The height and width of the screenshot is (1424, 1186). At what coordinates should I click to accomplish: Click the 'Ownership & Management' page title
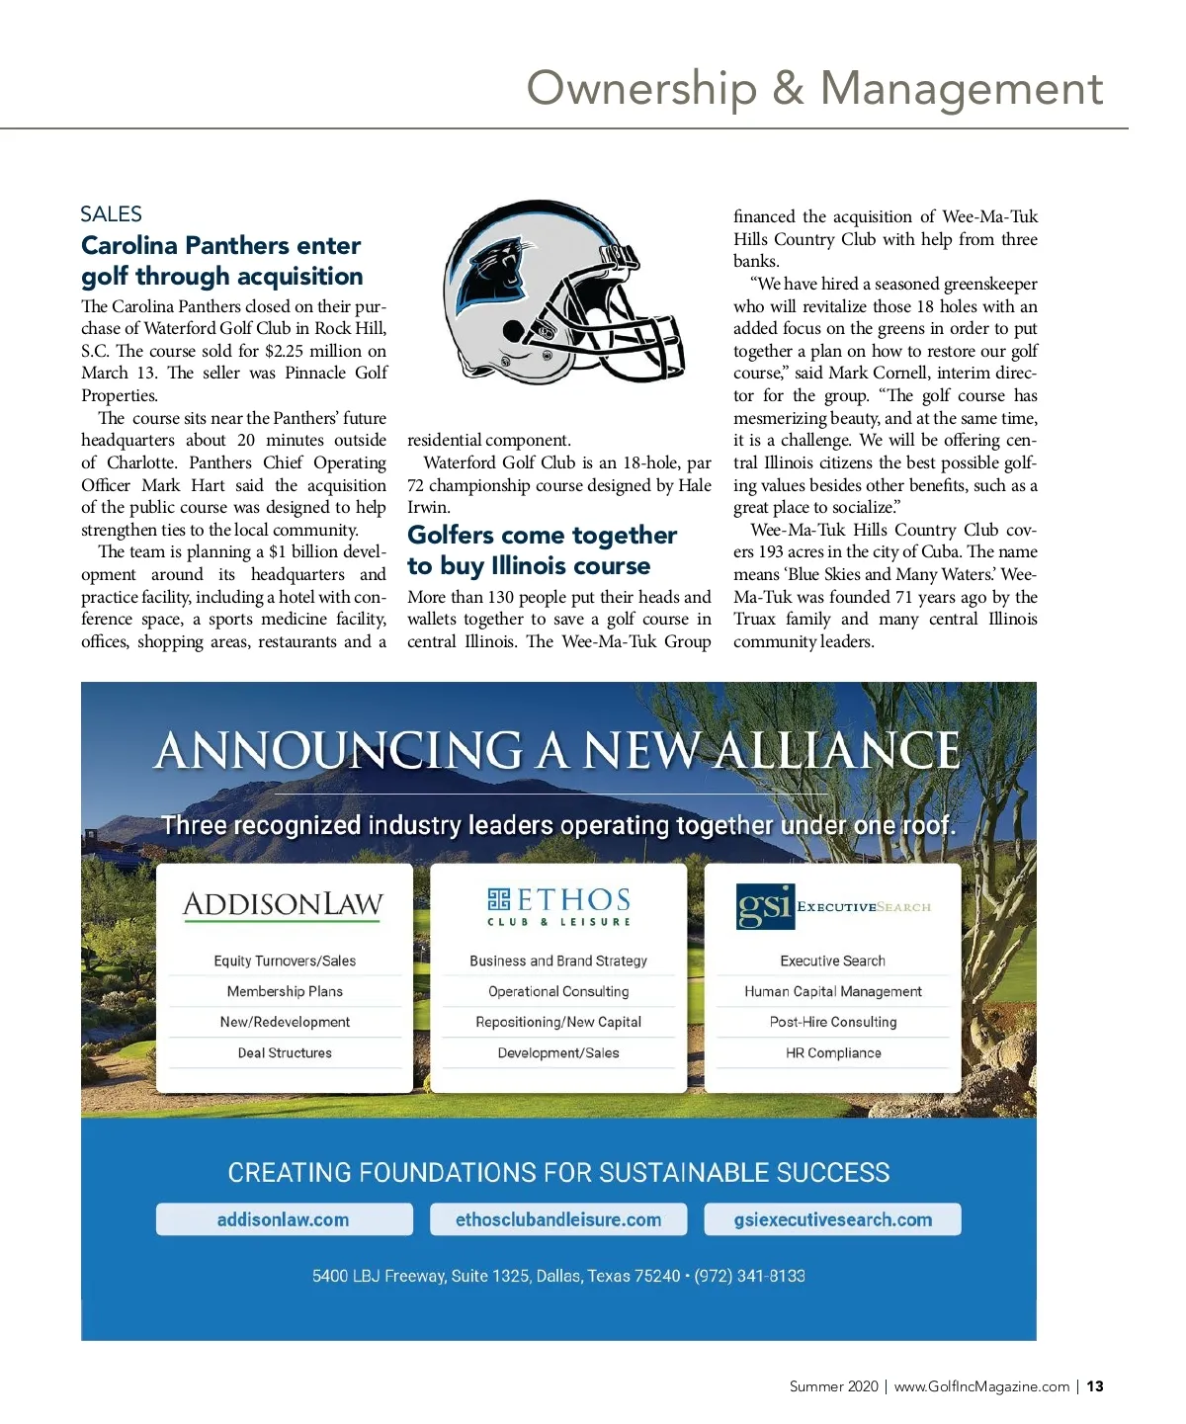(x=814, y=88)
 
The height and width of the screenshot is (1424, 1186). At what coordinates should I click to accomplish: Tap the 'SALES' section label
(x=111, y=213)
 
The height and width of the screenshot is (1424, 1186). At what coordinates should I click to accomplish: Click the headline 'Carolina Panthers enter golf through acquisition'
(x=221, y=261)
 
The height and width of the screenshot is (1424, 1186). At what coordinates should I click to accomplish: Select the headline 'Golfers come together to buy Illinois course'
(x=542, y=550)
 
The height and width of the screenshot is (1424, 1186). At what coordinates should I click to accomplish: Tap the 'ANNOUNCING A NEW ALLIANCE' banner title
(x=557, y=750)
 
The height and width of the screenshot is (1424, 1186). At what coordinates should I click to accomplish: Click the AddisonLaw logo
(x=284, y=904)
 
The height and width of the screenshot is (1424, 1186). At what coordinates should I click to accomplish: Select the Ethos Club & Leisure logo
(x=558, y=905)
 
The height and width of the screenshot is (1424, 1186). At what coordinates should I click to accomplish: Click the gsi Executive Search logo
(x=833, y=906)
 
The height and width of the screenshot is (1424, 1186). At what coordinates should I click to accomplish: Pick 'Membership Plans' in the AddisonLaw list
(x=285, y=991)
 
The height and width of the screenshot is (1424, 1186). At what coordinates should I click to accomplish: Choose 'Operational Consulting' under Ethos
(x=558, y=991)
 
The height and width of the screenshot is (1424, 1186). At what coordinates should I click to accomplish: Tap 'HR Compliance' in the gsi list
(x=833, y=1052)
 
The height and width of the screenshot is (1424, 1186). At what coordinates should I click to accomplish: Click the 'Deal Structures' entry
(x=285, y=1052)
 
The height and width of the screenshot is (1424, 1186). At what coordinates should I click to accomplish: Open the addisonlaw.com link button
(x=284, y=1219)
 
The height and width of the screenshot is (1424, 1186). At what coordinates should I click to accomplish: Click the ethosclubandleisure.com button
(x=558, y=1219)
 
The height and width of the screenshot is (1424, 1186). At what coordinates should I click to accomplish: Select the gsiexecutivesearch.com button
(x=832, y=1219)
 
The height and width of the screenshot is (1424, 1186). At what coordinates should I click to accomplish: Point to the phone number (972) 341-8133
(x=749, y=1276)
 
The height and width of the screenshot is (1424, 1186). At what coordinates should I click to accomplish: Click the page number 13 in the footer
(x=1095, y=1386)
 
